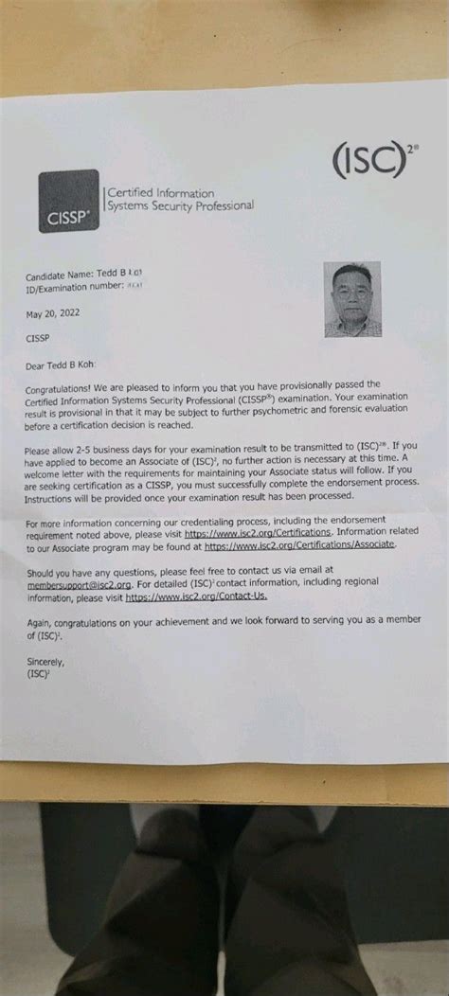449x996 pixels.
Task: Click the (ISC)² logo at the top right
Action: click(x=372, y=162)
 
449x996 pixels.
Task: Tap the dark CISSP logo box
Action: click(x=68, y=201)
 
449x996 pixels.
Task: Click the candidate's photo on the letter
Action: click(x=352, y=299)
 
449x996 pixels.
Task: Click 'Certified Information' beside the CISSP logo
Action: click(x=160, y=193)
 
